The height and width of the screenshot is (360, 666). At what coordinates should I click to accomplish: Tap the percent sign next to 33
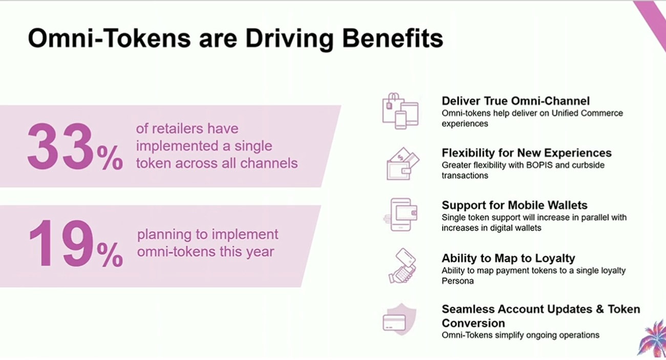(110, 158)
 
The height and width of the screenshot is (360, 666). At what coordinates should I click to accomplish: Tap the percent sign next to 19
(110, 255)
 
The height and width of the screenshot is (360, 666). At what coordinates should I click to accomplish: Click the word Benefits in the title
(393, 38)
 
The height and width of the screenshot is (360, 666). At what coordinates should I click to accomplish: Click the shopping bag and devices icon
(400, 111)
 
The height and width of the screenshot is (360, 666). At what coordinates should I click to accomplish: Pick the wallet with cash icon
(403, 164)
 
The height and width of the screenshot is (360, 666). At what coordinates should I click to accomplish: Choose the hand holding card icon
(402, 266)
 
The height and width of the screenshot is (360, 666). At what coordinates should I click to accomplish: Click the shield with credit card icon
(400, 320)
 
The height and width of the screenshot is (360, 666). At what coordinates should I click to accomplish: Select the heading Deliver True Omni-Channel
(515, 101)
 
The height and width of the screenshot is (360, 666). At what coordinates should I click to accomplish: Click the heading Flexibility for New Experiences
(527, 153)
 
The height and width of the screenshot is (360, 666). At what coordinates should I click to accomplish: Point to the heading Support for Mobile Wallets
(514, 205)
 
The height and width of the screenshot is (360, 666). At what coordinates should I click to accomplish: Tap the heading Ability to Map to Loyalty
(508, 258)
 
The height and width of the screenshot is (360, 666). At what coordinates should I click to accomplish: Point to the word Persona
(458, 281)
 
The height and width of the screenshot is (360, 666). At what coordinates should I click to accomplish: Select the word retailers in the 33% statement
(176, 129)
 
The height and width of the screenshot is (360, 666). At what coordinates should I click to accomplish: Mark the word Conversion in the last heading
(474, 323)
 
